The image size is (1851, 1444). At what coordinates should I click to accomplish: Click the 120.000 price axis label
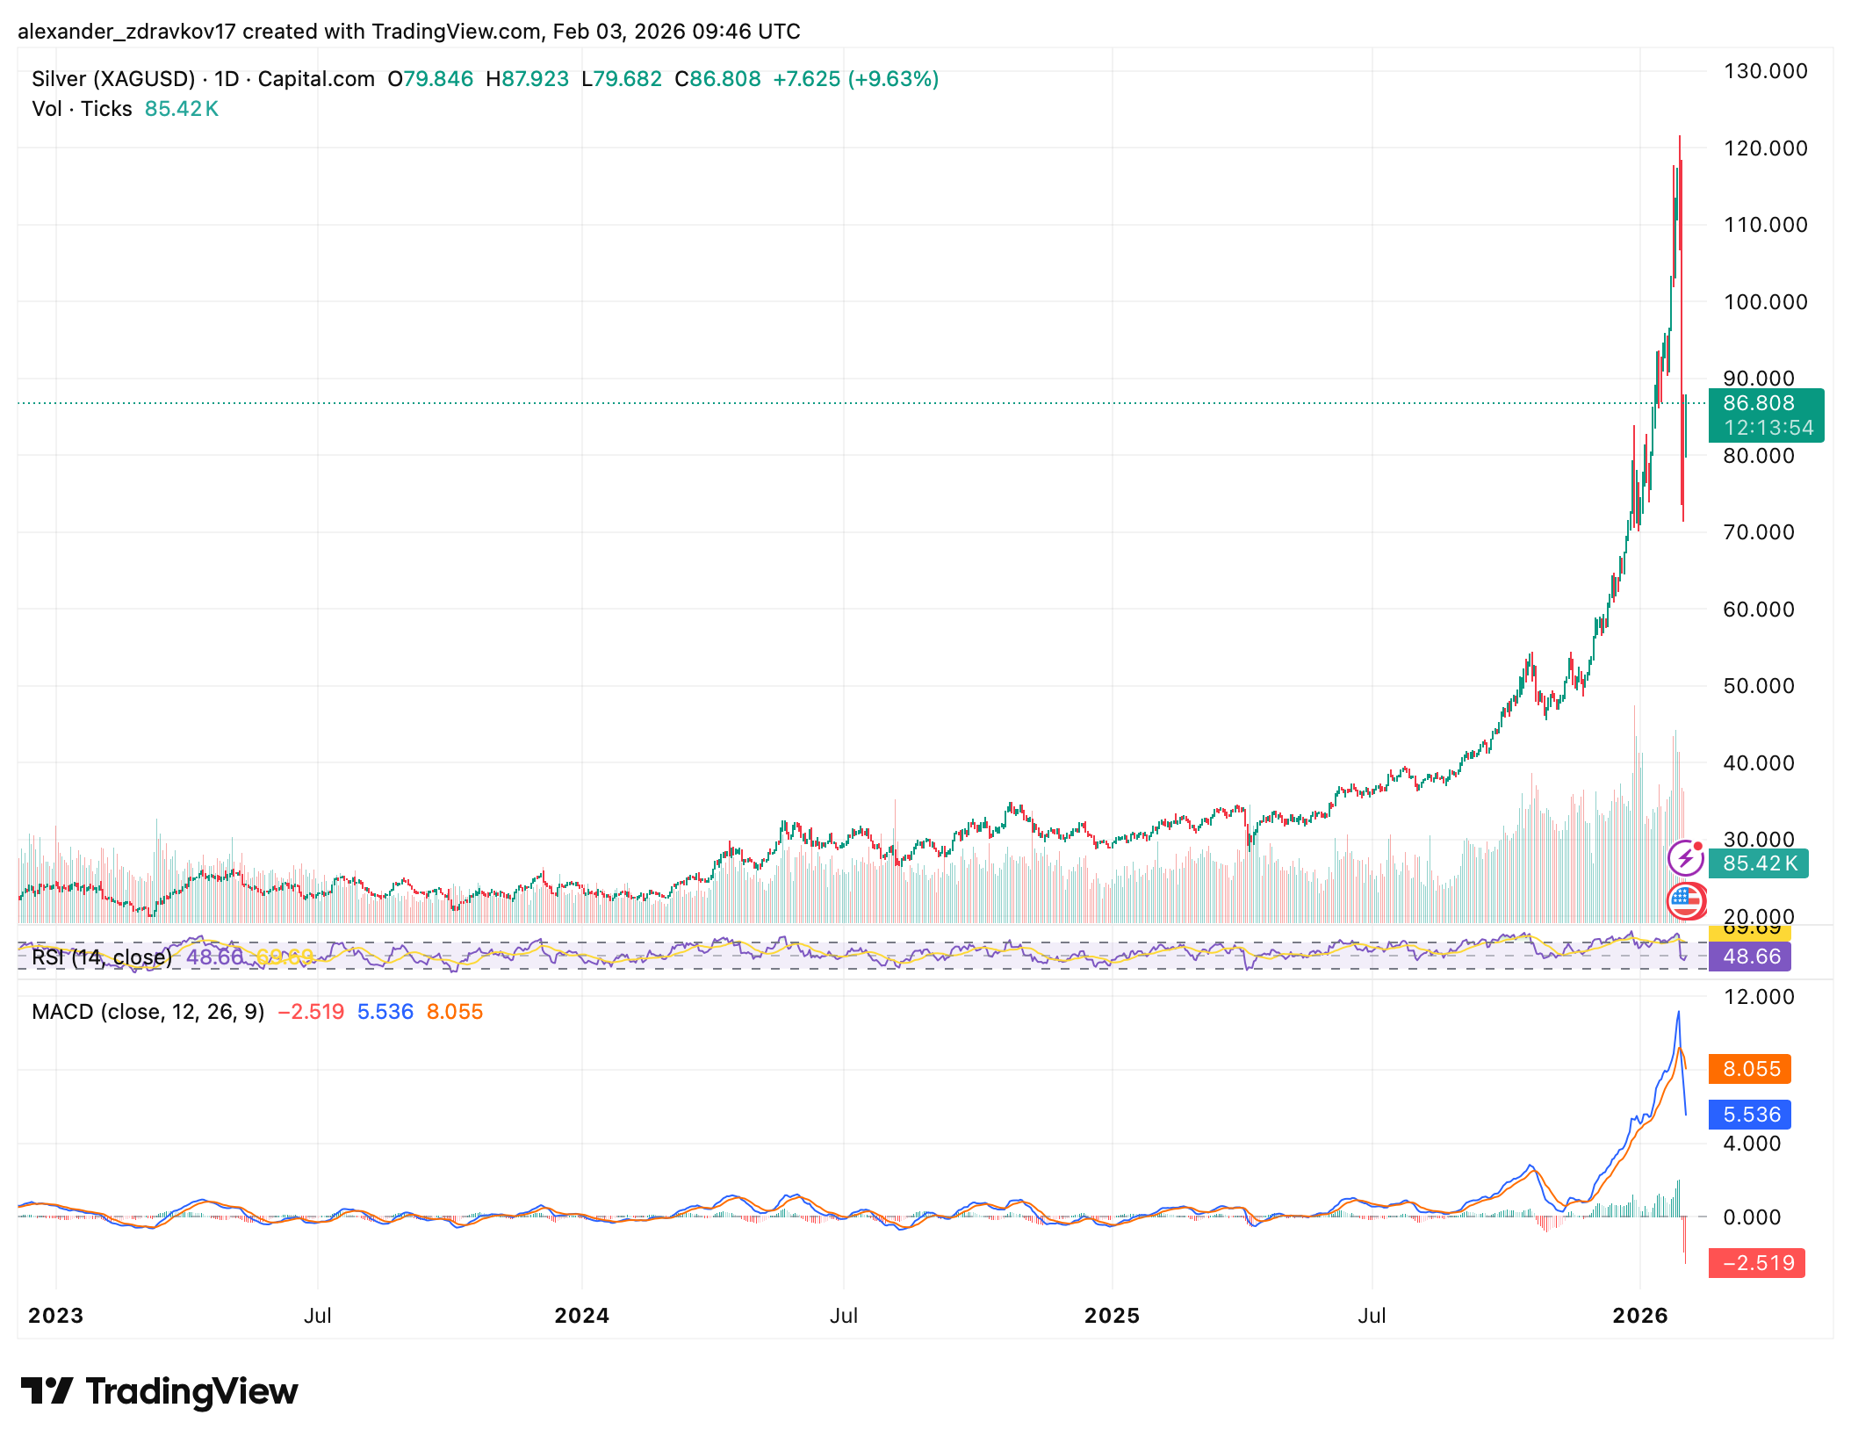click(1765, 148)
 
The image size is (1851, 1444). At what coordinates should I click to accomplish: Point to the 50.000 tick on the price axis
click(1758, 686)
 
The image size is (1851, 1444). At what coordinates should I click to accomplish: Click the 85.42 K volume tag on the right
click(1759, 863)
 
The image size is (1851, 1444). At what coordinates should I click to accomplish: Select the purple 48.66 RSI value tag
click(1751, 957)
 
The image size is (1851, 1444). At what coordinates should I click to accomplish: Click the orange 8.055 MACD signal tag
click(1751, 1069)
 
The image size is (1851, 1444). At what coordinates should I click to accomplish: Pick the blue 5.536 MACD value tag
click(1751, 1115)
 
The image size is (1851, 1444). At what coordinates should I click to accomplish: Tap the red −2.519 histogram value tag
click(1757, 1263)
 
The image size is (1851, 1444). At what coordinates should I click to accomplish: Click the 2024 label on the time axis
click(581, 1316)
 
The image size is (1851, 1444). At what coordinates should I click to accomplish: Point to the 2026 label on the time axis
click(1639, 1316)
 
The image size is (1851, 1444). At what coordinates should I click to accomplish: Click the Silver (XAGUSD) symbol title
click(113, 79)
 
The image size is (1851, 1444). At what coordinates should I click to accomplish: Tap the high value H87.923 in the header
click(527, 79)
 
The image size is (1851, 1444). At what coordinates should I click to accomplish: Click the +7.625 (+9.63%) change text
click(855, 79)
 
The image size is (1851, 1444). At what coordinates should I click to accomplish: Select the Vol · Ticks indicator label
click(82, 109)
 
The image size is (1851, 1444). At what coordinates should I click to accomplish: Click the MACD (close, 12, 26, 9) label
click(148, 1012)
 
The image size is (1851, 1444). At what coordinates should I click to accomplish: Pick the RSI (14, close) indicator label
click(101, 957)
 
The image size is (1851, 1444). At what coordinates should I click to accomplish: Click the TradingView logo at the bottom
click(159, 1391)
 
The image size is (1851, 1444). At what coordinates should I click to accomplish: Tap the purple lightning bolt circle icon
click(1685, 858)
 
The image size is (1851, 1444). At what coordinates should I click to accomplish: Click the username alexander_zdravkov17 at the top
click(126, 32)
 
